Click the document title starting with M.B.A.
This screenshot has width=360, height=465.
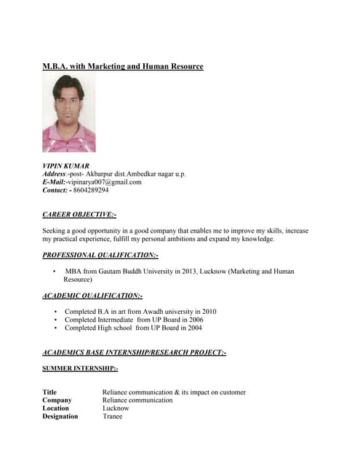click(x=123, y=66)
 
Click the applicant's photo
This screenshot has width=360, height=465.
click(x=69, y=113)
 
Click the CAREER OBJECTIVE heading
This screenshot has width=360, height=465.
click(x=79, y=214)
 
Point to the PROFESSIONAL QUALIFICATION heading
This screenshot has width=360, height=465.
click(x=100, y=255)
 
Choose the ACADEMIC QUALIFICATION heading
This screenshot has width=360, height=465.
click(x=92, y=296)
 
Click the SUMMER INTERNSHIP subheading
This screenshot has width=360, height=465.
click(x=80, y=369)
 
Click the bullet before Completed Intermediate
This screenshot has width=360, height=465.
click(x=56, y=320)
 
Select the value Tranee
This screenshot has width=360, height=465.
click(x=113, y=416)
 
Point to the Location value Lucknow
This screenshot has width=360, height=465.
click(x=116, y=408)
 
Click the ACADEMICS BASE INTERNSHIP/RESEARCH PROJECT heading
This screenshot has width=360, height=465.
click(x=135, y=352)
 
